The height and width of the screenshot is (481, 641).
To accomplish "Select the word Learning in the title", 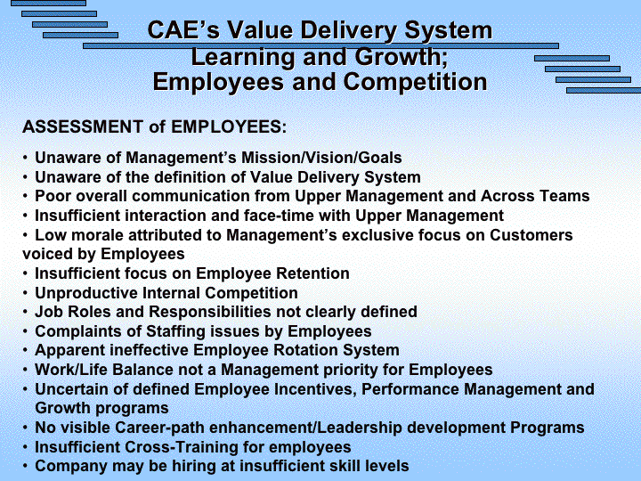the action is [243, 57].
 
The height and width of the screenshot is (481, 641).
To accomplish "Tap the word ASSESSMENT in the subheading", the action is [83, 126].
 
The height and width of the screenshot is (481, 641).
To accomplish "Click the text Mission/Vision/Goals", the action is [321, 158].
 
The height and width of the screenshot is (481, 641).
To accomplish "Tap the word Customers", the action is [531, 235].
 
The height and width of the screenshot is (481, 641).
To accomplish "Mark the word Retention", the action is [312, 273].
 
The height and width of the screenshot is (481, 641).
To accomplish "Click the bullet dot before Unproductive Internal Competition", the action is [25, 293].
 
